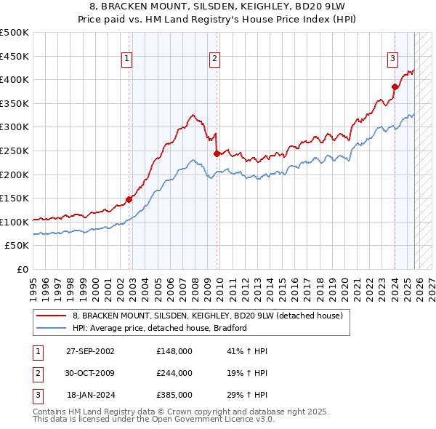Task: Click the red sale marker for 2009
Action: pos(217,153)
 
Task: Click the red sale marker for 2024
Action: pos(395,87)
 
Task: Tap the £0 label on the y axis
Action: pos(21,269)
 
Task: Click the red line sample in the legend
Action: pos(52,316)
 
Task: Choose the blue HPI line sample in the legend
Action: pos(52,328)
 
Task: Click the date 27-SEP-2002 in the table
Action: pos(90,351)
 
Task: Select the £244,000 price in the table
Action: pos(174,373)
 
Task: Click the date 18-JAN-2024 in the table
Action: pos(90,395)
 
